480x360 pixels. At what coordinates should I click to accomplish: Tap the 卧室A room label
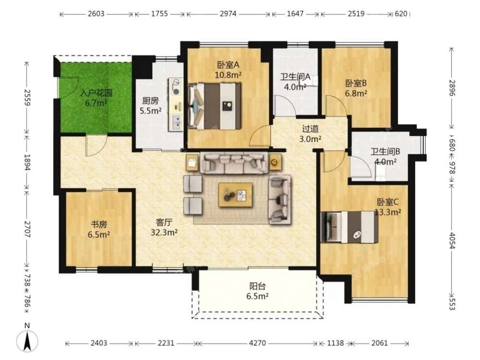(228, 65)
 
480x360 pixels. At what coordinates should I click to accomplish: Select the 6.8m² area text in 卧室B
(356, 94)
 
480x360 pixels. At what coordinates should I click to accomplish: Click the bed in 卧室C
(349, 227)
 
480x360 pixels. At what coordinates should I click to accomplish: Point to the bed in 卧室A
(215, 106)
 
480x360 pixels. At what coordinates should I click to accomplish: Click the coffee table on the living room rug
(235, 195)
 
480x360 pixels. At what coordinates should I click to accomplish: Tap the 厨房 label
(150, 101)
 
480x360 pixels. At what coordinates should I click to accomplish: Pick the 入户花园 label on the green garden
(96, 93)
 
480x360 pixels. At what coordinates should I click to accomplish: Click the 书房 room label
(99, 224)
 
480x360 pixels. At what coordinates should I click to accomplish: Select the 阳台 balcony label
(257, 286)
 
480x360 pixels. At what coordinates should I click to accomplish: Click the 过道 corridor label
(310, 129)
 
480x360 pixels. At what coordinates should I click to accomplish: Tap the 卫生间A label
(295, 76)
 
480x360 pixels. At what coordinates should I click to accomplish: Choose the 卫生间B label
(385, 152)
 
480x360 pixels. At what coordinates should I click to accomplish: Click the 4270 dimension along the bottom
(257, 343)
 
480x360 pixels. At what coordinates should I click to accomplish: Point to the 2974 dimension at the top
(228, 14)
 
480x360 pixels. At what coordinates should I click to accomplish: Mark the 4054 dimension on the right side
(452, 240)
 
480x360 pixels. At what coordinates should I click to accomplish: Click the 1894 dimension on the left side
(27, 163)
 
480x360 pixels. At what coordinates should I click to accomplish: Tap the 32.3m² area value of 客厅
(164, 233)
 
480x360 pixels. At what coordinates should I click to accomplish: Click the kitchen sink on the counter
(176, 122)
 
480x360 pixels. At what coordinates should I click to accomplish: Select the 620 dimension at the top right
(401, 14)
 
